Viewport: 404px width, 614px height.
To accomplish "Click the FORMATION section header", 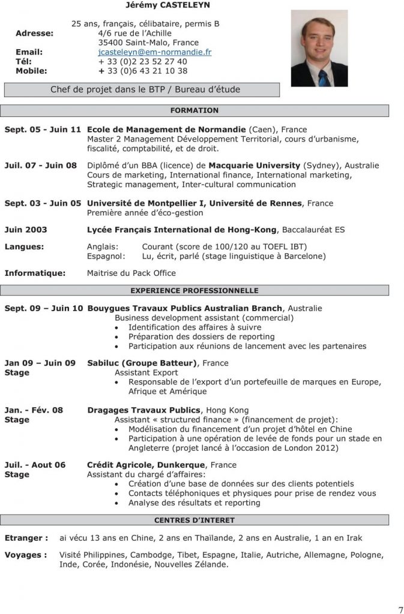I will (194, 110).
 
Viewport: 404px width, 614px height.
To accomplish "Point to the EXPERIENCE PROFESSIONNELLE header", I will (194, 290).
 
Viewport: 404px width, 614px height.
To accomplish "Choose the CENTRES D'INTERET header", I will (194, 520).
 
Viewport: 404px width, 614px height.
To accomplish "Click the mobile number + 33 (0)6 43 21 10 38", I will (143, 71).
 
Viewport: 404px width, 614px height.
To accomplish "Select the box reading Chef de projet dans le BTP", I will (142, 89).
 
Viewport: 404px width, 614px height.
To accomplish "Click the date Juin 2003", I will (26, 230).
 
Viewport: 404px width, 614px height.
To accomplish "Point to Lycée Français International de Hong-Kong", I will (182, 230).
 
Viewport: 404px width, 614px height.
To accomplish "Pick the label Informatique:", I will (35, 273).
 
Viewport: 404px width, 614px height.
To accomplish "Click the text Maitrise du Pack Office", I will (131, 273).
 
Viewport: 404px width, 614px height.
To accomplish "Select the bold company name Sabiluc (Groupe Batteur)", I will (142, 363).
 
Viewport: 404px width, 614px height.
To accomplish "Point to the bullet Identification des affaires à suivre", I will (194, 327).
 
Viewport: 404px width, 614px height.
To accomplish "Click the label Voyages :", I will (26, 555).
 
